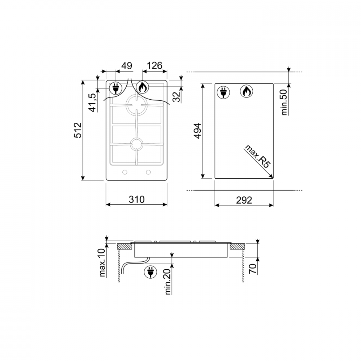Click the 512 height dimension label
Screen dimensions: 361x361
click(78, 130)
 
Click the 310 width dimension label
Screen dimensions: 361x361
click(136, 199)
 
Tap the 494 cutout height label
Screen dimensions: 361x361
click(197, 131)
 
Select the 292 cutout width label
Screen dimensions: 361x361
click(244, 200)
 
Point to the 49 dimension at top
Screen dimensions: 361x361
click(127, 66)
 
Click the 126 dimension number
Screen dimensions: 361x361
click(155, 66)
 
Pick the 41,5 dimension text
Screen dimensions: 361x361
click(93, 103)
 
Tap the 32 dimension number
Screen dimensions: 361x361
click(177, 97)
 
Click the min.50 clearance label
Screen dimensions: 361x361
click(284, 102)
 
